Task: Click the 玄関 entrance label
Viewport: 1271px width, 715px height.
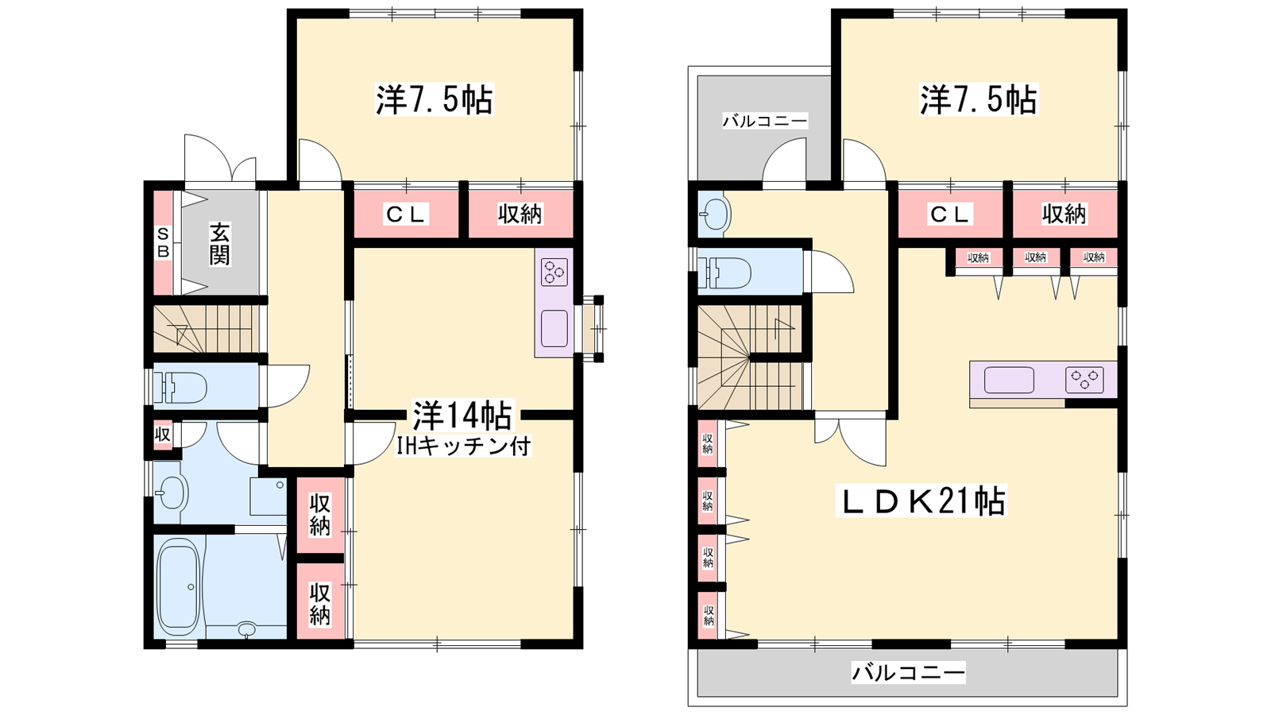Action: pos(219,244)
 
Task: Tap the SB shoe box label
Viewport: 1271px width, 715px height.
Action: pos(163,242)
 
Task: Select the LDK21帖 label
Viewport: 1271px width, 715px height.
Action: pos(921,501)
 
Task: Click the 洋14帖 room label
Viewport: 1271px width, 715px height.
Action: pos(462,415)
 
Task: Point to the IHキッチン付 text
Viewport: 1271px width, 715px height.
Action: pos(462,446)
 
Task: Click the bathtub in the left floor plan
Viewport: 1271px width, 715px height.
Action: pos(179,586)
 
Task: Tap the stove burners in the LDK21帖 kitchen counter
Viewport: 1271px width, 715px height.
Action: pos(1084,380)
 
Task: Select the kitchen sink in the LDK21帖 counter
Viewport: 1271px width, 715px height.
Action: pos(1009,380)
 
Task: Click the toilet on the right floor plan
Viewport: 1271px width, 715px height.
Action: pos(725,272)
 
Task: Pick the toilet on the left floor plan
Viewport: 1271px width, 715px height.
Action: pos(180,387)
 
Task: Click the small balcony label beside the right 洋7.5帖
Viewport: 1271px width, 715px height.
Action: pos(764,120)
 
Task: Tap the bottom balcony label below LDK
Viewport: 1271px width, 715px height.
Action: pos(908,673)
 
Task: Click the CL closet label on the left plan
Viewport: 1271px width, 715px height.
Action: pos(406,214)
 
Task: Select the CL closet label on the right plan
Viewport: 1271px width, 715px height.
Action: pos(949,214)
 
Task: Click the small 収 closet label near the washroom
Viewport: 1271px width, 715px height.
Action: pos(162,435)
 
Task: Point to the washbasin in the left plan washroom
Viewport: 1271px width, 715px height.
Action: pos(172,492)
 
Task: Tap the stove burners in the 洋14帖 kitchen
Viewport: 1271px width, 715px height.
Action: pos(554,272)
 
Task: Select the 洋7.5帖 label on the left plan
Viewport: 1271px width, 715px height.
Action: pos(435,100)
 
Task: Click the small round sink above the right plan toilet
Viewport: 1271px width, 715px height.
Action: pos(714,214)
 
